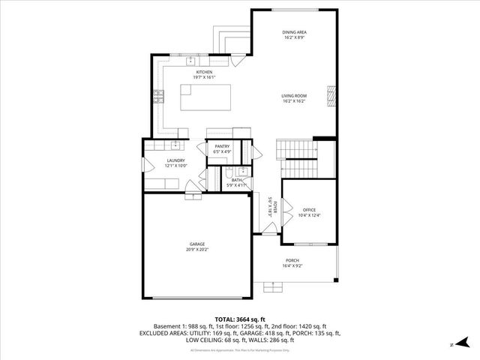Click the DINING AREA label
point(294,32)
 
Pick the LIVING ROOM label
point(294,95)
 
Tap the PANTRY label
point(222,146)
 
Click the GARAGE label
point(197,244)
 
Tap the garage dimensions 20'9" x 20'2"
point(197,250)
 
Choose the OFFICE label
point(310,210)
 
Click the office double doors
point(284,211)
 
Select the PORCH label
point(292,260)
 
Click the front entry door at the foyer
point(267,235)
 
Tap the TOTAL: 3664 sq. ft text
point(239,319)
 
